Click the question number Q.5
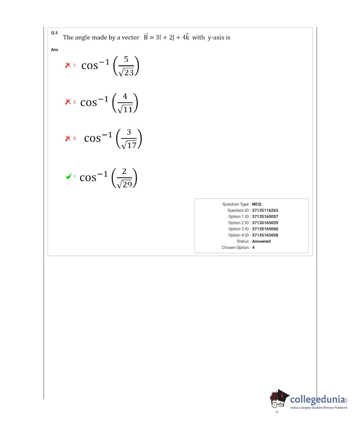click(54, 33)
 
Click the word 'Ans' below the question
click(54, 50)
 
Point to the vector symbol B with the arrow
click(146, 37)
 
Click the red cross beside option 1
click(68, 65)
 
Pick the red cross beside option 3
click(68, 139)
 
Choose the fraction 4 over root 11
click(125, 103)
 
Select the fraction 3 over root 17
click(129, 139)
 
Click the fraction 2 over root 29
click(124, 178)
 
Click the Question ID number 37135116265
click(265, 210)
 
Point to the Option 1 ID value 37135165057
click(265, 217)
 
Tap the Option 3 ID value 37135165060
click(265, 229)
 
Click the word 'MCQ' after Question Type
click(256, 204)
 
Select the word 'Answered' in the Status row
click(261, 241)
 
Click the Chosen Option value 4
click(253, 247)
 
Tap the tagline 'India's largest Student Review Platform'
click(318, 408)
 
